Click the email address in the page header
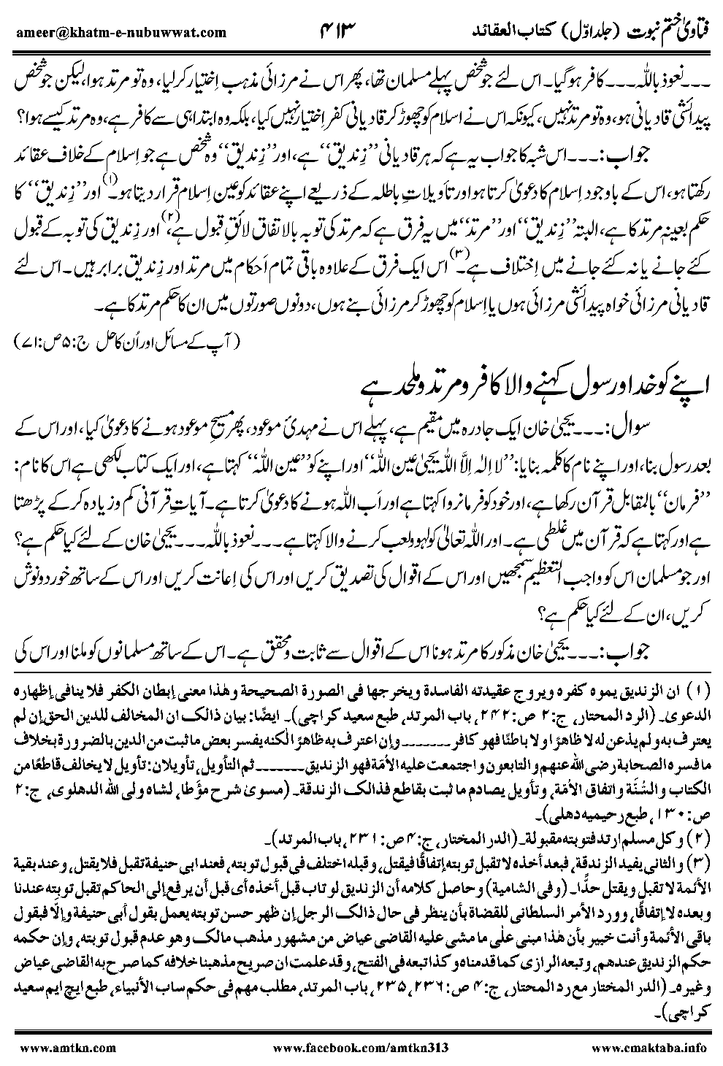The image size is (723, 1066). [x=120, y=31]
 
